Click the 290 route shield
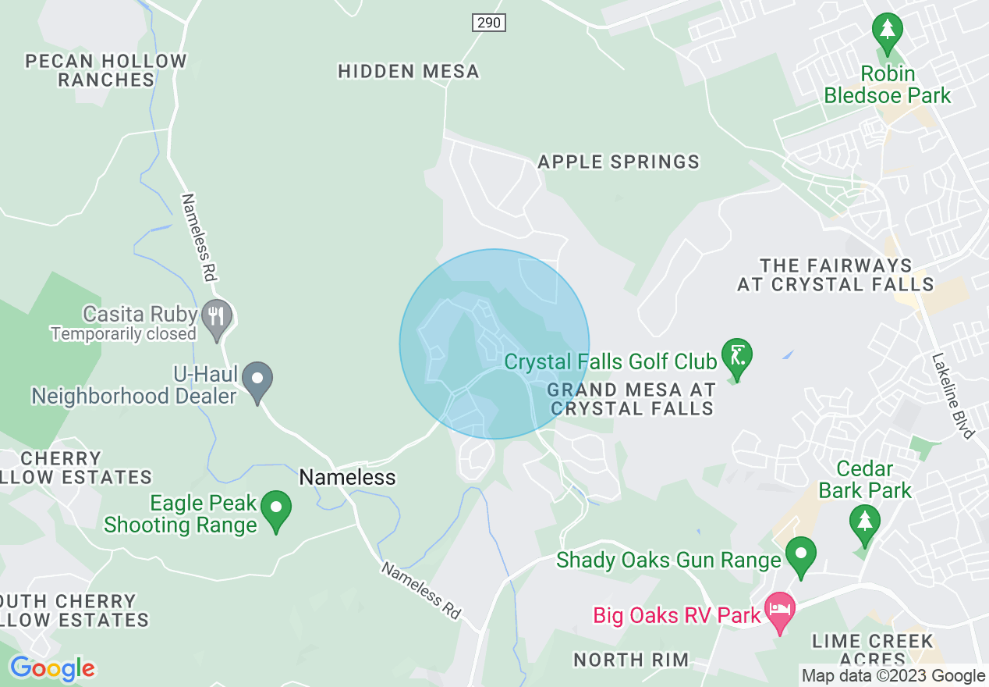(489, 23)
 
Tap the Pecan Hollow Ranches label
(106, 70)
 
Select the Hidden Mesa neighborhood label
(408, 72)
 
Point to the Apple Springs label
(619, 162)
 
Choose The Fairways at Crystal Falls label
(835, 276)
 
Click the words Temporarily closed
(123, 334)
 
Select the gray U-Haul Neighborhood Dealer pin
(257, 380)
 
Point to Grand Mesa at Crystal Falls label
(632, 398)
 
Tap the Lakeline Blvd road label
(952, 395)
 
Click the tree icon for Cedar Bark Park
(864, 521)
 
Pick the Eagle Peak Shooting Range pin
(275, 509)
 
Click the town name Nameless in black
(348, 477)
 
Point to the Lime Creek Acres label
(872, 650)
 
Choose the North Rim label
(631, 660)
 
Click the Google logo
(52, 668)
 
